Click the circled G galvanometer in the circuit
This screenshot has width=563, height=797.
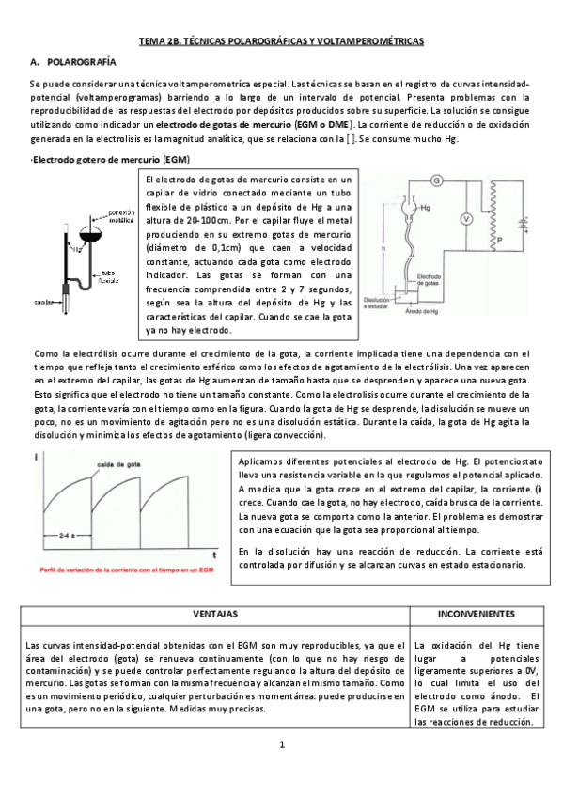[x=436, y=180]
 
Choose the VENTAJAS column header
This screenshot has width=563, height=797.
[x=214, y=613]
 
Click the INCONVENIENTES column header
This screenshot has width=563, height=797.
[x=476, y=613]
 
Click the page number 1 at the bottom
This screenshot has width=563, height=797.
[x=281, y=744]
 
